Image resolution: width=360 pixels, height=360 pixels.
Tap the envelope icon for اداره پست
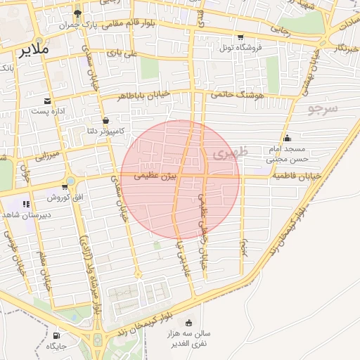(x=47, y=101)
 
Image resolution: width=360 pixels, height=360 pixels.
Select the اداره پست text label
(x=49, y=112)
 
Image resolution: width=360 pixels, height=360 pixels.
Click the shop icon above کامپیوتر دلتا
(x=105, y=120)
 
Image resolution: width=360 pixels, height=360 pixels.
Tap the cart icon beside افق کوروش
(x=65, y=186)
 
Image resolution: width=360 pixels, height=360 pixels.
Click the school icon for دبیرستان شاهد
(x=26, y=204)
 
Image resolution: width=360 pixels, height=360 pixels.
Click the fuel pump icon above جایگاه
(x=56, y=335)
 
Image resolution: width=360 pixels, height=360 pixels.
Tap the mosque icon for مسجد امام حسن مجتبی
(x=287, y=138)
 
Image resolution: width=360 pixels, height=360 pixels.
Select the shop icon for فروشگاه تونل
(x=241, y=37)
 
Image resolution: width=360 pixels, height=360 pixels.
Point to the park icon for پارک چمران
(x=78, y=13)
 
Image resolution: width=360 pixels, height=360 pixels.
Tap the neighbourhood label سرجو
(x=323, y=108)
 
